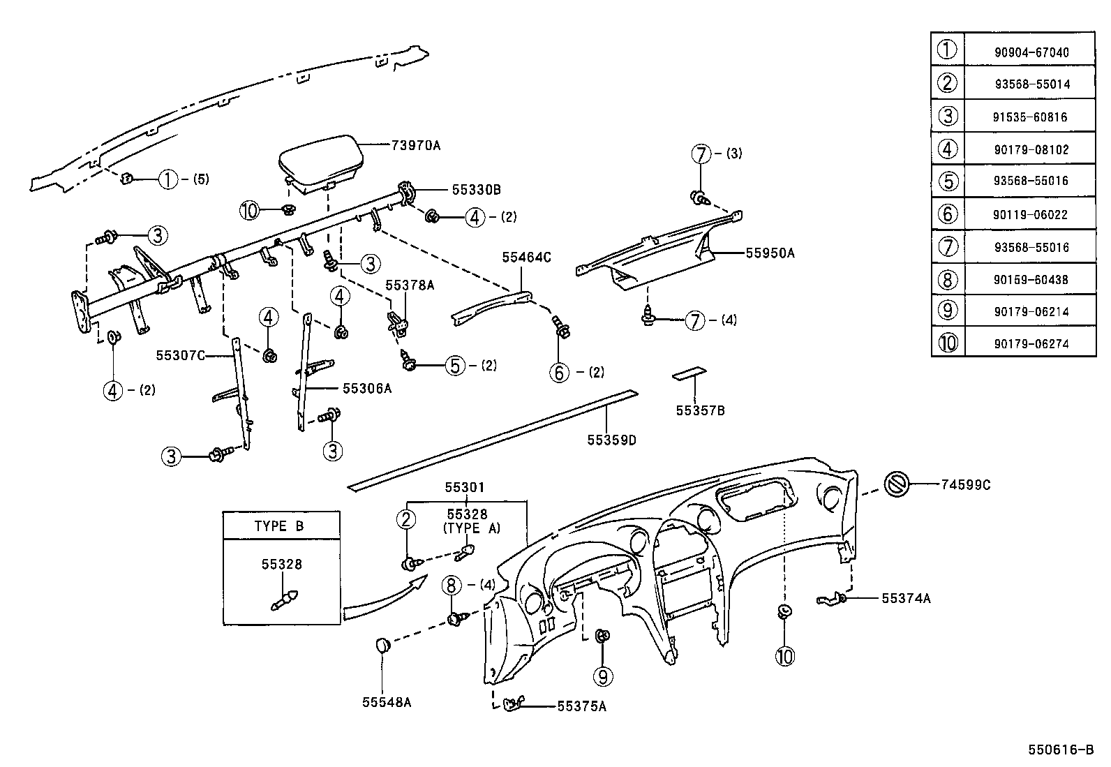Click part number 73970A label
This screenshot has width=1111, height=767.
pyautogui.click(x=416, y=145)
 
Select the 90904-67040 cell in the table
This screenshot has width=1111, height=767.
pyautogui.click(x=1031, y=52)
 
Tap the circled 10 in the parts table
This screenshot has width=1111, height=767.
pyautogui.click(x=947, y=343)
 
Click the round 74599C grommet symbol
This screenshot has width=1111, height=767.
pyautogui.click(x=897, y=484)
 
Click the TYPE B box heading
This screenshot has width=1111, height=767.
pyautogui.click(x=279, y=526)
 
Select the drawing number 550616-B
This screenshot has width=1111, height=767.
pyautogui.click(x=1060, y=750)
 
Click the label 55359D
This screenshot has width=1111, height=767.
pyautogui.click(x=611, y=440)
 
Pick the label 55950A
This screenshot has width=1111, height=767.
pyautogui.click(x=770, y=253)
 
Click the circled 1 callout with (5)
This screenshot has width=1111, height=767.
pyautogui.click(x=167, y=179)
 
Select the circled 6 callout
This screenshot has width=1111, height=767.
pyautogui.click(x=560, y=373)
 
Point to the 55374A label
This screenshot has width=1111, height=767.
pyautogui.click(x=905, y=598)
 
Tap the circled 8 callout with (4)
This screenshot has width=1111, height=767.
pyautogui.click(x=452, y=584)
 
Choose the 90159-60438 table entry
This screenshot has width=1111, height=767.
pyautogui.click(x=1031, y=280)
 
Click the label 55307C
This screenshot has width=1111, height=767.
pyautogui.click(x=180, y=356)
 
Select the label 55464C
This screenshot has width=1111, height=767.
pyautogui.click(x=526, y=258)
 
